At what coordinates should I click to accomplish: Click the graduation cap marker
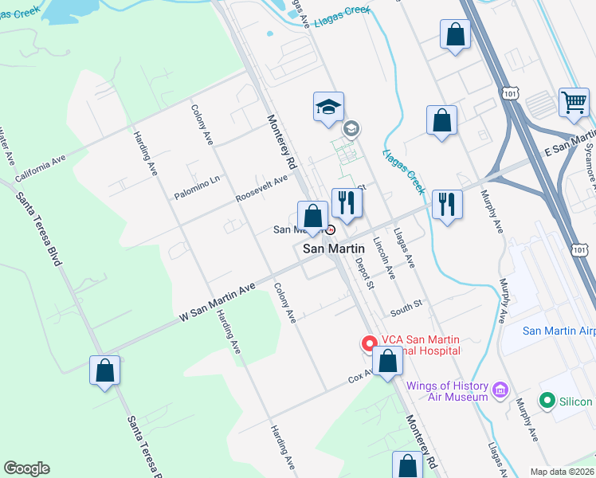tap(327, 108)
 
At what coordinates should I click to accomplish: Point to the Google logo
tap(26, 468)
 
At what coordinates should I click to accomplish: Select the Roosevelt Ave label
tap(261, 189)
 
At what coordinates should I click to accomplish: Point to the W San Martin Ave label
tap(217, 301)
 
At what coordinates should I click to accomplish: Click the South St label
tap(405, 304)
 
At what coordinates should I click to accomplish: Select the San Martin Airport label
tap(559, 331)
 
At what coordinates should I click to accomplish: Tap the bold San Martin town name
tap(334, 249)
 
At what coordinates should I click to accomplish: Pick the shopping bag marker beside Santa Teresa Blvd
tap(105, 371)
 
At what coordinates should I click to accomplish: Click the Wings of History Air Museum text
tap(446, 391)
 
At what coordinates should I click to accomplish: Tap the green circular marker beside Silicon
tap(547, 400)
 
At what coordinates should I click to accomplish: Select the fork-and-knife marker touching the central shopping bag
tap(347, 202)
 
